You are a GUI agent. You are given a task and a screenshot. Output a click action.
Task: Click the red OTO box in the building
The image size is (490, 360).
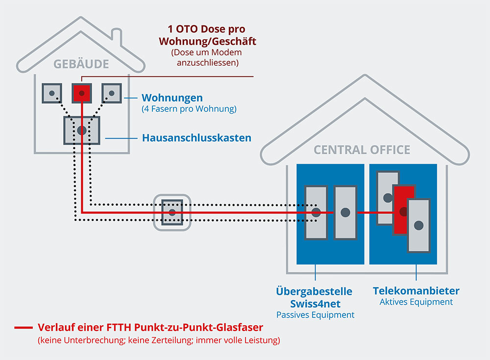[x=82, y=93]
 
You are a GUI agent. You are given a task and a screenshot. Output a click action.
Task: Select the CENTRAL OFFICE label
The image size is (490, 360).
[x=362, y=149]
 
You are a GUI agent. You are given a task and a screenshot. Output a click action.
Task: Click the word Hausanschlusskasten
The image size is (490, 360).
[x=196, y=138]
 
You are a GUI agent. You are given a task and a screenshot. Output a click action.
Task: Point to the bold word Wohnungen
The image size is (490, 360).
[x=172, y=98]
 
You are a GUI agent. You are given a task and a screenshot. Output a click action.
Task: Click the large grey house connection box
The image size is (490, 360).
[x=82, y=130]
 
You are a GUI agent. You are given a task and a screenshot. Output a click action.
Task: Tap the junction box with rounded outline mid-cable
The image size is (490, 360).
[x=172, y=212]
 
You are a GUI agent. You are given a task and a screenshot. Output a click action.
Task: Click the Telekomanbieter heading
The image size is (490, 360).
[x=416, y=291]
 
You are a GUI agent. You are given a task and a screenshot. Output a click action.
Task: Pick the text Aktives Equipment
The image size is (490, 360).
[x=416, y=302]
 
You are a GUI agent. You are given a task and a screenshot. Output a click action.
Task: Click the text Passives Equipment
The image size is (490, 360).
[x=315, y=315]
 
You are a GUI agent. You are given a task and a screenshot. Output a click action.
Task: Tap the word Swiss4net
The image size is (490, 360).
[x=315, y=304]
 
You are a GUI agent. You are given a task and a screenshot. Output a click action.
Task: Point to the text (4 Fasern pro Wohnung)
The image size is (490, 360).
[x=189, y=109]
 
